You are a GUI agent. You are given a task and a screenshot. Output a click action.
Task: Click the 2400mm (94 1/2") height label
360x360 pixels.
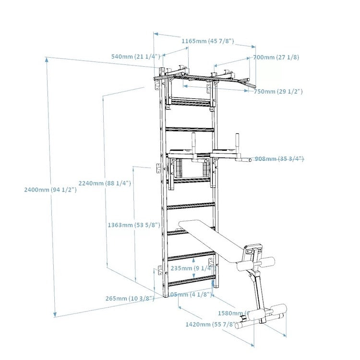(x=50, y=190)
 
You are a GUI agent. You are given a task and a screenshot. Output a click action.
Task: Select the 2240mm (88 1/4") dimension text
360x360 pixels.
(x=105, y=183)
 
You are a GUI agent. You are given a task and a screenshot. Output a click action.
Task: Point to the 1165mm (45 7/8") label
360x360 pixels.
(x=207, y=41)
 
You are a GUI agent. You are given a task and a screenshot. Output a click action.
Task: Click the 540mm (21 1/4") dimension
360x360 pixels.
(x=135, y=57)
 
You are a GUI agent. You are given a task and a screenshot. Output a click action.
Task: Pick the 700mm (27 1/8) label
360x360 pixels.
(x=276, y=58)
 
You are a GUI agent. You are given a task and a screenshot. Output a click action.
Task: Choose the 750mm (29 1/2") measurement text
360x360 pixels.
(x=278, y=91)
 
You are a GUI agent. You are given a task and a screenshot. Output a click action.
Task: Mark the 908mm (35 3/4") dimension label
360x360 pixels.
(x=279, y=159)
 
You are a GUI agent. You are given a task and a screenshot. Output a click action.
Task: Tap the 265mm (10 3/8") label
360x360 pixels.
(x=130, y=299)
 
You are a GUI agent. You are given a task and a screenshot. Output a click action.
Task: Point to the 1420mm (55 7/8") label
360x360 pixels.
(x=211, y=324)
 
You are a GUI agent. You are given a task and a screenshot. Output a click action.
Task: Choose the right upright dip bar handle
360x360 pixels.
(x=236, y=144)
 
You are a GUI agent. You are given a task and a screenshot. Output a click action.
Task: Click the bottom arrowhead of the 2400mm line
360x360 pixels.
(x=56, y=314)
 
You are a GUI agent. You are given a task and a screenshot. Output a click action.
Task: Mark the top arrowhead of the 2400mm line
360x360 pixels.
(x=47, y=60)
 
